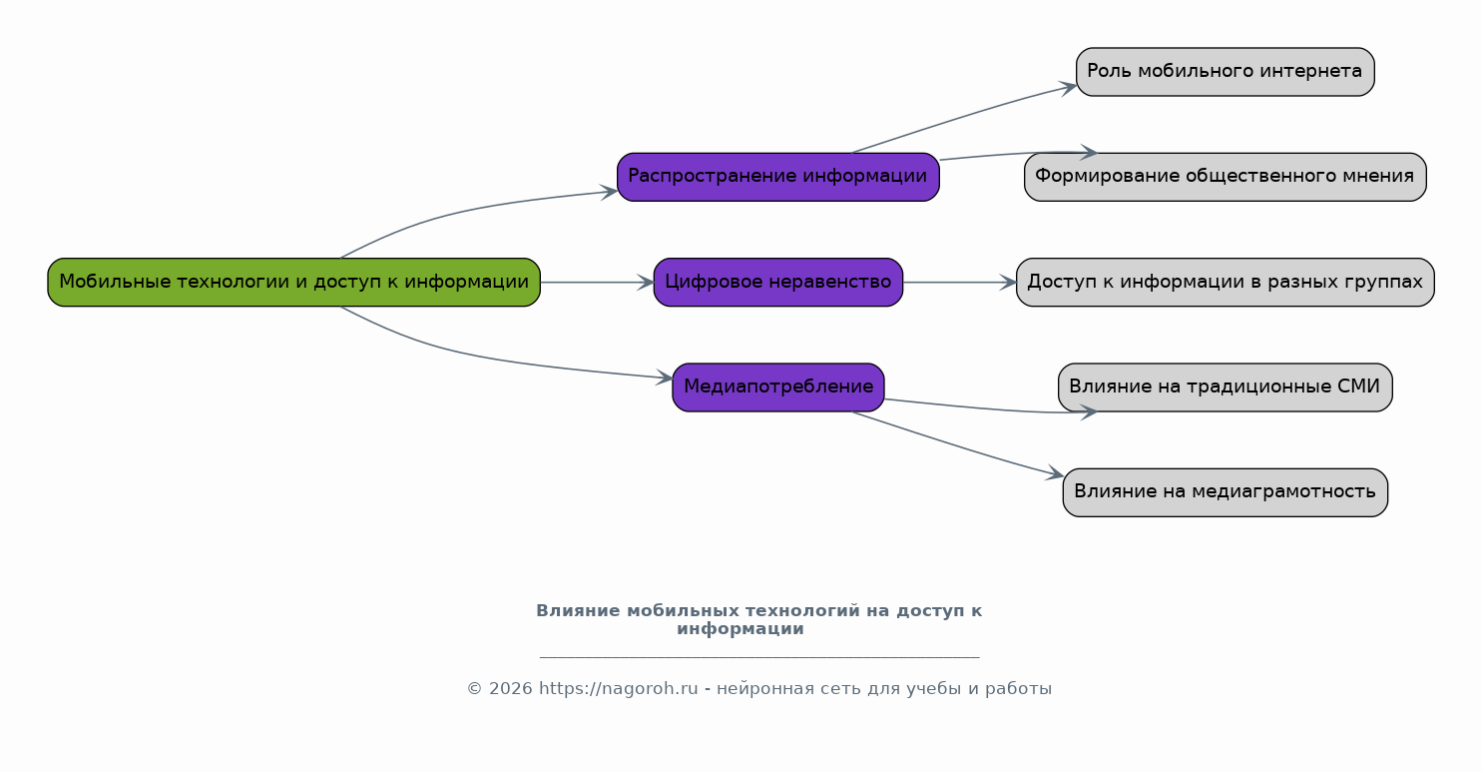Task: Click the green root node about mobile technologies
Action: pos(293,283)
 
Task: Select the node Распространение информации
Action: pos(777,177)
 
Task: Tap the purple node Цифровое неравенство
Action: pos(777,283)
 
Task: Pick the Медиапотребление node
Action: pos(777,387)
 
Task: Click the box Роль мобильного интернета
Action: pos(1225,72)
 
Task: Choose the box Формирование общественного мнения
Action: pos(1225,177)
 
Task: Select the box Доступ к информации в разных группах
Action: pos(1225,283)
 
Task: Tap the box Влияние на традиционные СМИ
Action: pos(1225,387)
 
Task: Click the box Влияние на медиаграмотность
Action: pos(1225,492)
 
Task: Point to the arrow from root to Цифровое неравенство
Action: pos(596,283)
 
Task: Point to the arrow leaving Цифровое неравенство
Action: pos(958,283)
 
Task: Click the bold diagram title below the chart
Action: pos(758,619)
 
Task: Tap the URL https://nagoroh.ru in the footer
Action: pos(618,689)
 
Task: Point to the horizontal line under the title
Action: pos(758,657)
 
